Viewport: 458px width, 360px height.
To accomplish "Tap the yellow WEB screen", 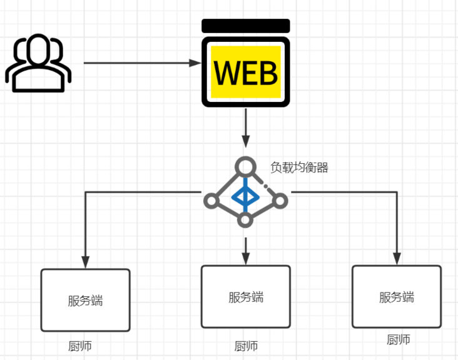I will click(x=245, y=72).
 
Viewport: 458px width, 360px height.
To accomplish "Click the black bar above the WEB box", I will click(x=245, y=26).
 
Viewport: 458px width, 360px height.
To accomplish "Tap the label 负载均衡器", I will click(x=299, y=167).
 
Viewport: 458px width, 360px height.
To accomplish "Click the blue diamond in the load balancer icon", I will click(x=245, y=197).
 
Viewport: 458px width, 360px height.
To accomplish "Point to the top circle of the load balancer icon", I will click(x=245, y=167).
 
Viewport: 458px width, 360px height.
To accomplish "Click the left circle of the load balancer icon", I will click(x=211, y=201).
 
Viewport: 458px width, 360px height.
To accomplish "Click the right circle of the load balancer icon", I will click(x=280, y=201).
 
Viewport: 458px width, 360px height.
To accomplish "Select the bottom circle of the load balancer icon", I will click(x=245, y=219).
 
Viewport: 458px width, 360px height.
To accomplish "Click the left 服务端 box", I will click(x=85, y=300).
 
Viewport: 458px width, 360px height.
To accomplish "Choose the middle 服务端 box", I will click(x=245, y=296).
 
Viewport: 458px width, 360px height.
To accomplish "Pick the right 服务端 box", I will click(x=396, y=296).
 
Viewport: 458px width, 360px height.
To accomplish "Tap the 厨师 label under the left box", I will click(x=80, y=346).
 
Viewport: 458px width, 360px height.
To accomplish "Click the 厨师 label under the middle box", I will click(x=246, y=346).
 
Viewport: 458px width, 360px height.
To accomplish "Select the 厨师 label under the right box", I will click(x=398, y=340).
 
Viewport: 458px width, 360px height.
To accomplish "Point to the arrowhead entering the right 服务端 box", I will click(x=396, y=258).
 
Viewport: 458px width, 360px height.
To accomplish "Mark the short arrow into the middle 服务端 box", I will click(x=245, y=249).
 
